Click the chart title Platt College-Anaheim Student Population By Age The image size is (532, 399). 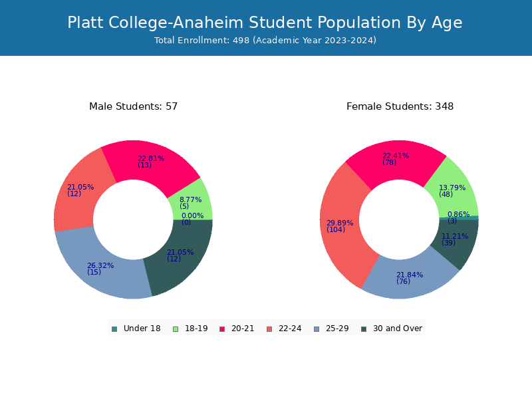(265, 23)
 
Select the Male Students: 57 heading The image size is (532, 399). (133, 106)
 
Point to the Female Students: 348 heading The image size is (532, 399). (400, 106)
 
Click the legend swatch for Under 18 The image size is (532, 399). (114, 329)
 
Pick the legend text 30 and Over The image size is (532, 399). (398, 329)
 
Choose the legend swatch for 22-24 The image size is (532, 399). (269, 329)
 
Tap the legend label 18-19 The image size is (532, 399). (196, 329)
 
